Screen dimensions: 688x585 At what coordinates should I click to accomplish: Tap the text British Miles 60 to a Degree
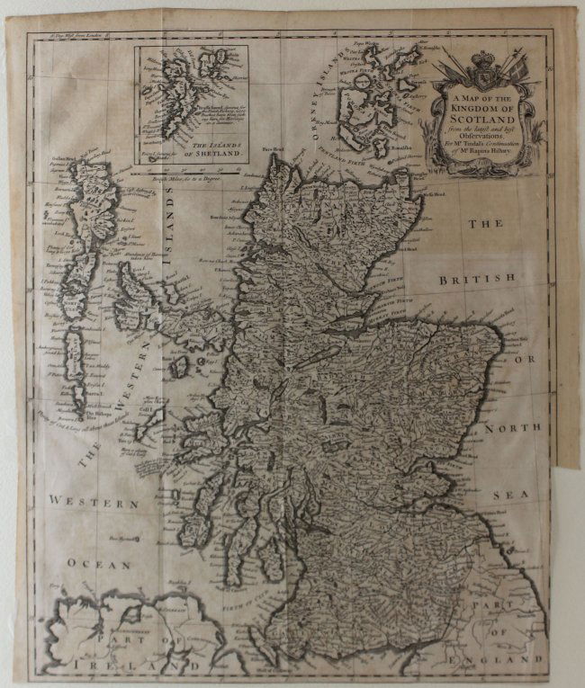tap(184, 180)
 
